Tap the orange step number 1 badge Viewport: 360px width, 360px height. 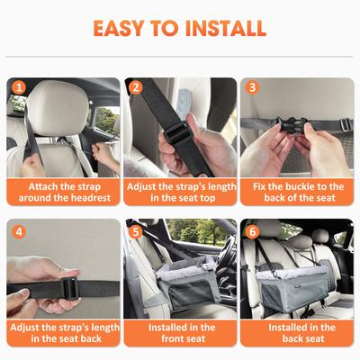click(x=18, y=88)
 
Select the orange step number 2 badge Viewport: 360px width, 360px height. click(x=136, y=88)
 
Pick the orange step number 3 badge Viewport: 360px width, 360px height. click(x=253, y=88)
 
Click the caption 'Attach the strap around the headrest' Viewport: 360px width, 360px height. click(x=64, y=192)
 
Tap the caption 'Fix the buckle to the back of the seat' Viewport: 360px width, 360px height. click(x=297, y=192)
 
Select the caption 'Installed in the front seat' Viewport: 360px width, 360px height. click(x=180, y=333)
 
